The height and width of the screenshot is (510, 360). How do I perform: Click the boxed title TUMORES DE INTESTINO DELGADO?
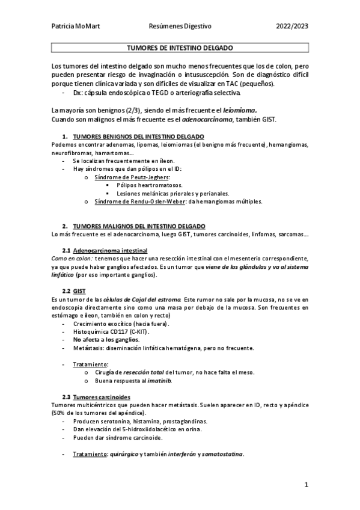180,48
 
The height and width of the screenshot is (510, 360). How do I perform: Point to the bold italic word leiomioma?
239,110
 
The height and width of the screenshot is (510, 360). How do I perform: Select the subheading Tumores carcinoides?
101,397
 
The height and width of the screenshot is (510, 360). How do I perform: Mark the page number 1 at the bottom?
306,484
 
